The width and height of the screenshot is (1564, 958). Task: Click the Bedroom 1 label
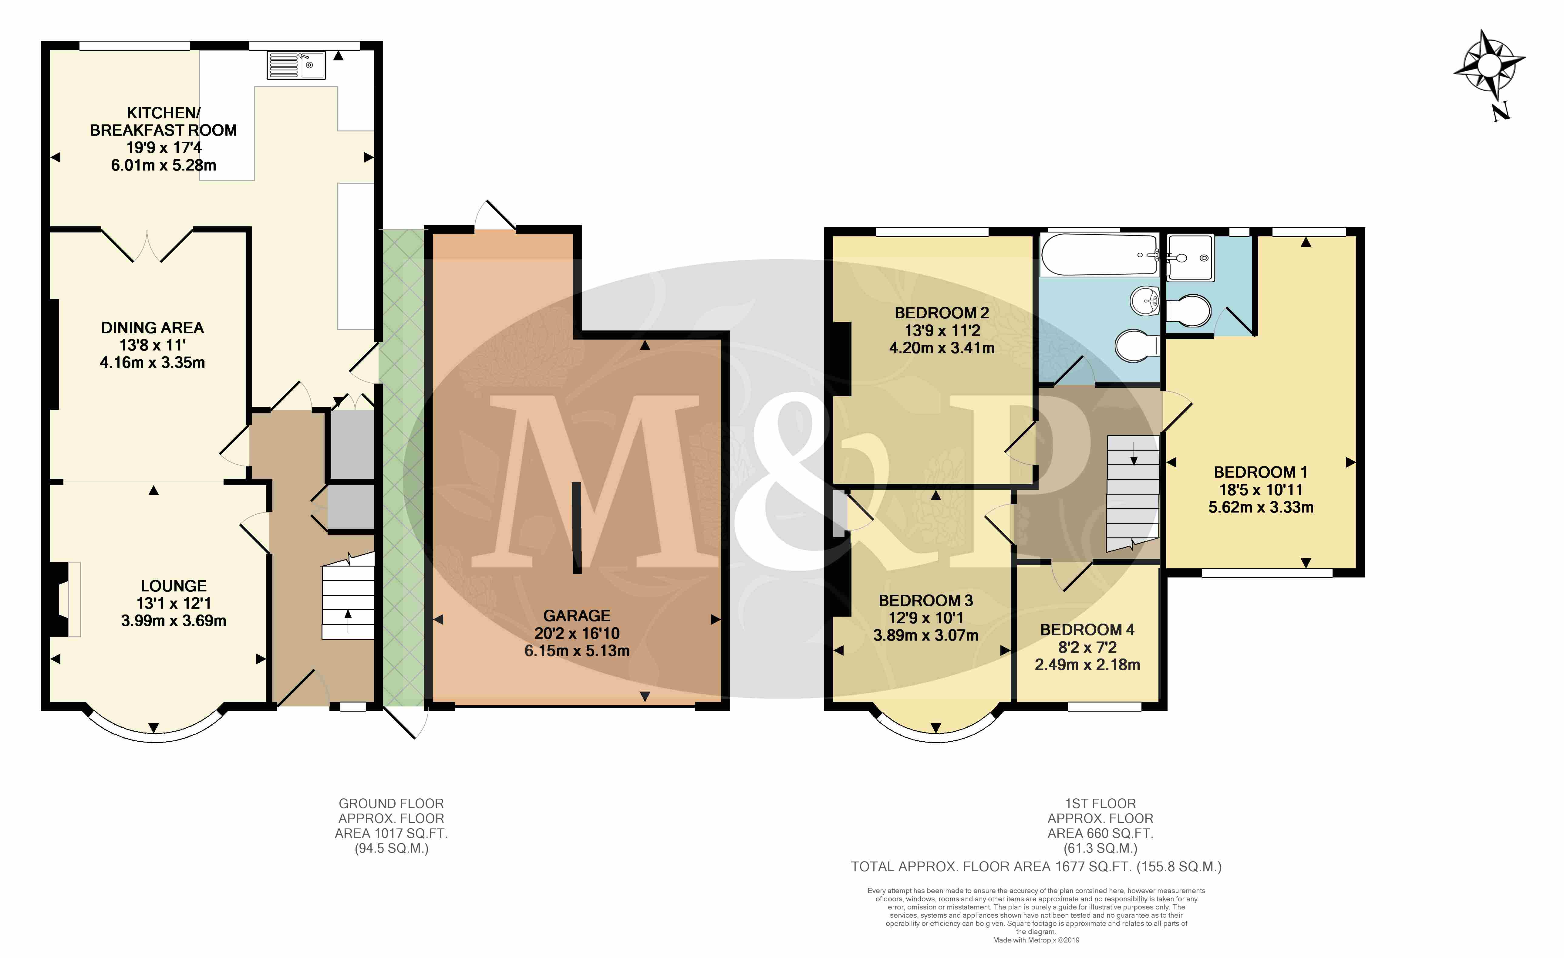point(1260,472)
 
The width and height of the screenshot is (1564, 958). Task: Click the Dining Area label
point(152,328)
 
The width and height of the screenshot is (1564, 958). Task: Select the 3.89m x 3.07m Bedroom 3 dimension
point(925,635)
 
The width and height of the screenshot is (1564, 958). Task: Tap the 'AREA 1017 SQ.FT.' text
point(391,833)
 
